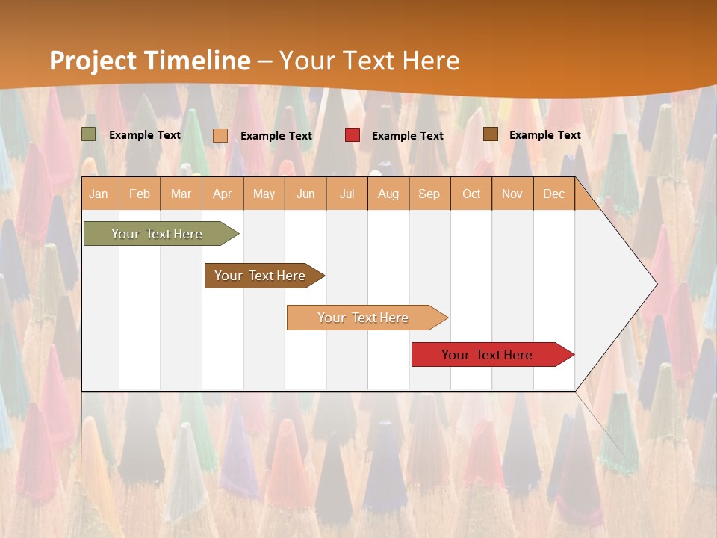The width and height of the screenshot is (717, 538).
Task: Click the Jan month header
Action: pos(99,194)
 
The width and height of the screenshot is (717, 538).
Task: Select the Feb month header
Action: pos(140,194)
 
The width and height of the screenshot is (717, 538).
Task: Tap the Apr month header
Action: pos(223,194)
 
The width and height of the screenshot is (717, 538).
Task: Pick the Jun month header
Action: pos(305,194)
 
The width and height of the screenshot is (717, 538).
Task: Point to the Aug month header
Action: pos(388,194)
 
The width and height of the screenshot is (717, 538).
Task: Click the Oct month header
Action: pos(471,194)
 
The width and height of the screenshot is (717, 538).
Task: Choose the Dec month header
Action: pos(554,194)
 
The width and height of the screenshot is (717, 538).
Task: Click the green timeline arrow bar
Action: pos(157,234)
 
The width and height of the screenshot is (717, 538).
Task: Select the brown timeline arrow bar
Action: pos(260,276)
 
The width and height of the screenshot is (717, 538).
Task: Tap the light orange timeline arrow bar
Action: pos(363,318)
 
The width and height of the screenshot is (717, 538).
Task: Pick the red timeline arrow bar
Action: pos(487,355)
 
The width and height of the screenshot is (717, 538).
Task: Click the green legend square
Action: pos(89,134)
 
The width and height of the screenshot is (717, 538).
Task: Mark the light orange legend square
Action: pos(220,135)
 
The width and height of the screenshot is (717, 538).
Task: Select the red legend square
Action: pos(353,135)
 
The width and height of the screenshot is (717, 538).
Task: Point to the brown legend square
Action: pos(491,134)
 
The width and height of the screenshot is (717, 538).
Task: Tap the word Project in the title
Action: pos(92,60)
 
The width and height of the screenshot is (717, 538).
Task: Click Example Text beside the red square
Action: pos(407,135)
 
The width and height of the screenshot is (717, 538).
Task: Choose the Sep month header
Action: pos(429,194)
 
